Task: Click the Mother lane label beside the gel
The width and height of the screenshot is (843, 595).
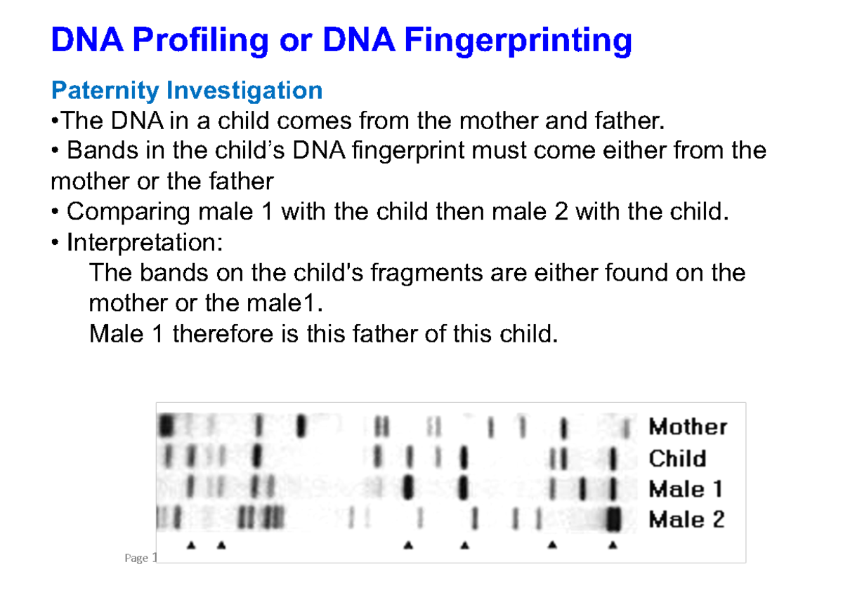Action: (688, 426)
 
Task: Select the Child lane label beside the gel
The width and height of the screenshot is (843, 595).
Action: (677, 458)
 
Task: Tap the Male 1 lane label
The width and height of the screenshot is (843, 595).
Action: (686, 489)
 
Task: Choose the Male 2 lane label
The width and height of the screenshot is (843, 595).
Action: (686, 520)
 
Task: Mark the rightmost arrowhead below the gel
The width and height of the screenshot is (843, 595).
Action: (613, 544)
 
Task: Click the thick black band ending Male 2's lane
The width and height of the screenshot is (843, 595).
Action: (614, 519)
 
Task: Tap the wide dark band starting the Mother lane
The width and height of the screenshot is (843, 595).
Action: (167, 425)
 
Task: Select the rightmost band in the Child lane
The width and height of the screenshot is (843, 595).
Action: (614, 459)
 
